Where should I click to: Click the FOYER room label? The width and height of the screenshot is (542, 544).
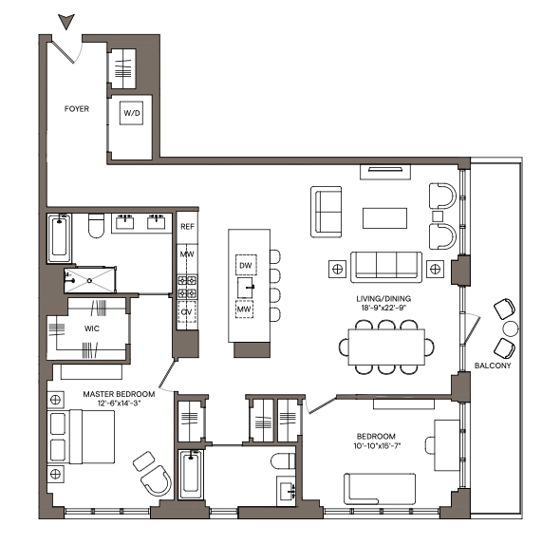[x=77, y=109]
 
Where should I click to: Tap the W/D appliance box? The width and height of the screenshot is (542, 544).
[x=130, y=113]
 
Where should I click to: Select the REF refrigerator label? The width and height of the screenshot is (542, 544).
[x=187, y=227]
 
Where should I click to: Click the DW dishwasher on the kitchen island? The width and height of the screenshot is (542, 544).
[x=246, y=263]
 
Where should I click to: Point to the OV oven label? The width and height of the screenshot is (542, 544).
[x=187, y=310]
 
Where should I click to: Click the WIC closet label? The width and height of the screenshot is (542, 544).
[x=91, y=329]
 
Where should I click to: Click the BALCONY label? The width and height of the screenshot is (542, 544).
[x=493, y=366]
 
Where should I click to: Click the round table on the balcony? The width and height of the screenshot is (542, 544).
[x=511, y=329]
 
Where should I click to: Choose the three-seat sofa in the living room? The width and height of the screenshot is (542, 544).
[x=385, y=264]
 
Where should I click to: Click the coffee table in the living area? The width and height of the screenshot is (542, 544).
[x=385, y=217]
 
